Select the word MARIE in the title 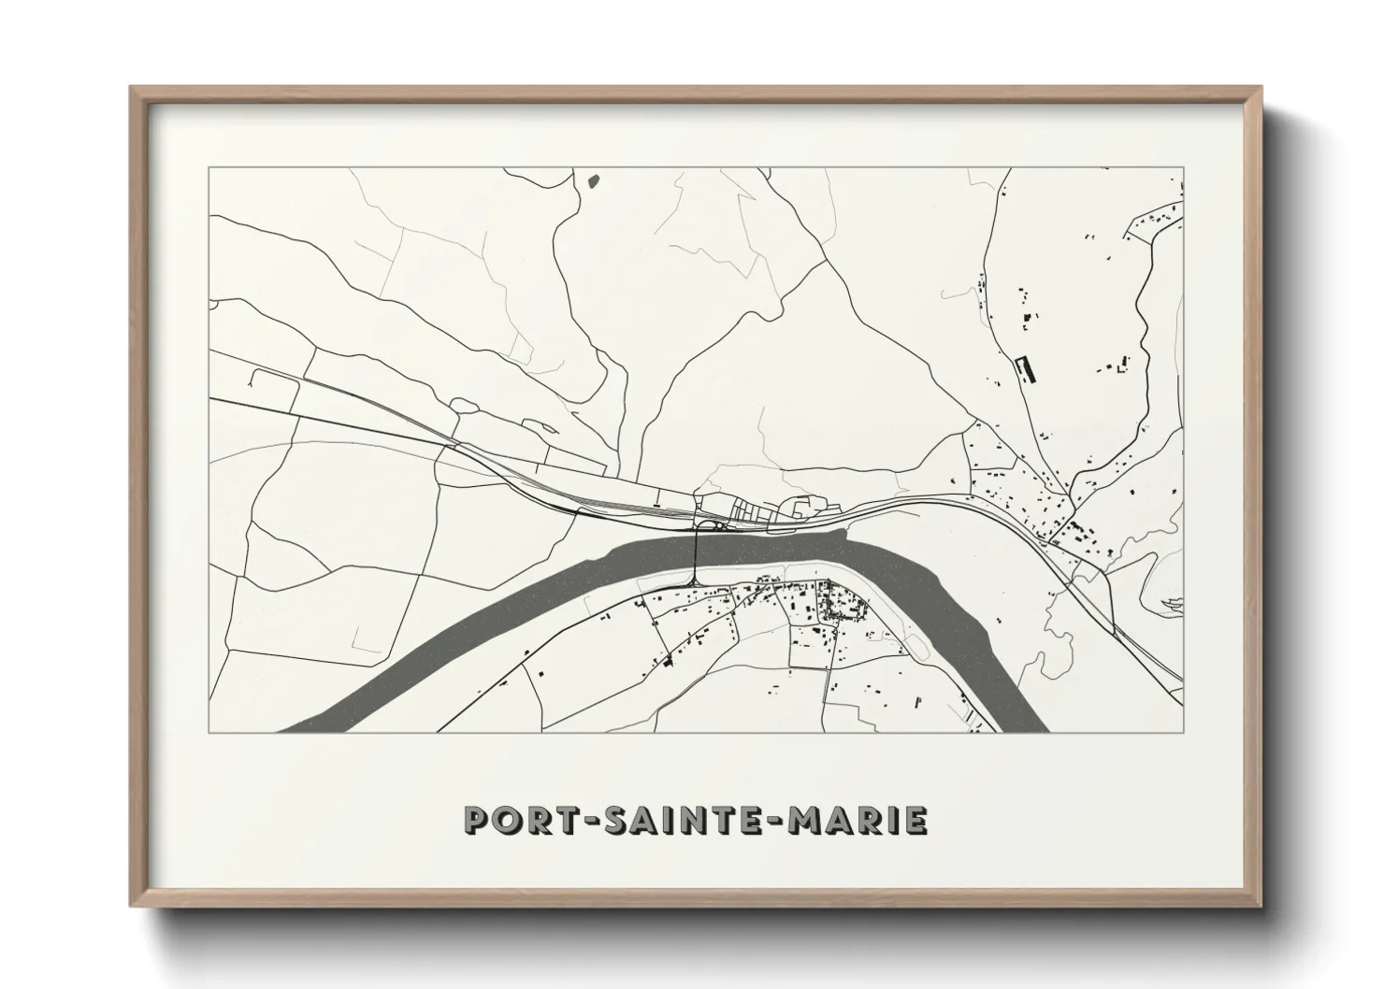pyautogui.click(x=858, y=820)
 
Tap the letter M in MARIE pyautogui.click(x=808, y=820)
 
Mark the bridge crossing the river pyautogui.click(x=697, y=557)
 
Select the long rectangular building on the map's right pyautogui.click(x=1026, y=368)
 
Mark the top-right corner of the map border pyautogui.click(x=1184, y=168)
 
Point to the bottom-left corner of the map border pyautogui.click(x=209, y=732)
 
